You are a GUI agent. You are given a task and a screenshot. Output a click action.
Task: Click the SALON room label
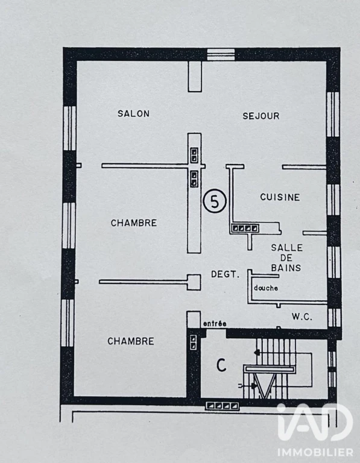133,114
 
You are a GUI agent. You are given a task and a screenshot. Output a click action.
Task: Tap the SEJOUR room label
261,116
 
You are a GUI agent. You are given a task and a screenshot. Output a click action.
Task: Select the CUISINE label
280,197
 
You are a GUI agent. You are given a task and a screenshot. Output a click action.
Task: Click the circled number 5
215,201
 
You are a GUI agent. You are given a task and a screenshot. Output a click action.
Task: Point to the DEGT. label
225,274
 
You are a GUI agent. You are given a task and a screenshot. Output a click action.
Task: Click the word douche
266,288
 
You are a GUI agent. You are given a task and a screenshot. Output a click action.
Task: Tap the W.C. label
302,317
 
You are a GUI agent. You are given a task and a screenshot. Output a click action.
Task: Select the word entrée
215,324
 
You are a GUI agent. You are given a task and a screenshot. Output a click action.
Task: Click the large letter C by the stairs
221,365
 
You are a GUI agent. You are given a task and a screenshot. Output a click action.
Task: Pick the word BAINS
286,268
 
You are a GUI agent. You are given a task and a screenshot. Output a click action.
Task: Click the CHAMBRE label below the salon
134,223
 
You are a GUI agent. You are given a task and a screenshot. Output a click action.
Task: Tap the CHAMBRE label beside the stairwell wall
131,341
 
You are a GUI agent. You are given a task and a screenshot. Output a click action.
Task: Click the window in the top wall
221,55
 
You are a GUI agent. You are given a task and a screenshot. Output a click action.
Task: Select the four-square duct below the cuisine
245,228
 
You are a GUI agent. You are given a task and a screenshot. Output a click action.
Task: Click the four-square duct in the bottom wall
222,406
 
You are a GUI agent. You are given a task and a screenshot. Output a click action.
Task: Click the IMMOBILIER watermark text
315,452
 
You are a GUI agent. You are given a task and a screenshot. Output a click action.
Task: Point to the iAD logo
315,422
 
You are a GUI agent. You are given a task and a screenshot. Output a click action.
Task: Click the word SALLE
287,248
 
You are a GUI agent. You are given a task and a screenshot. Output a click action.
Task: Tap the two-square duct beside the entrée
193,342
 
